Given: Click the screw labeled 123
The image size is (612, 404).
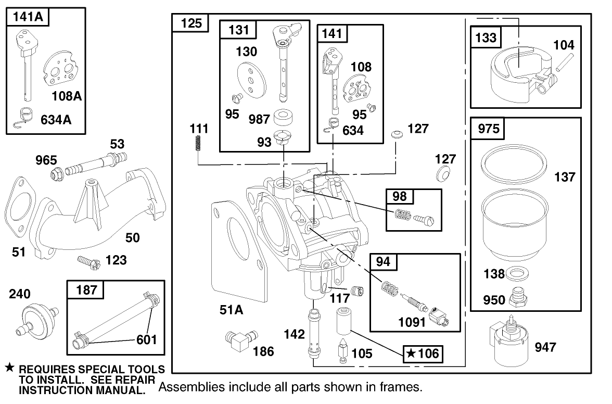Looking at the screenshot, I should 87,260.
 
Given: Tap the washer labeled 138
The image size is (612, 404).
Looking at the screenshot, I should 516,273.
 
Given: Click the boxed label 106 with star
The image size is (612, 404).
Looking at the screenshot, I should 423,354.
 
